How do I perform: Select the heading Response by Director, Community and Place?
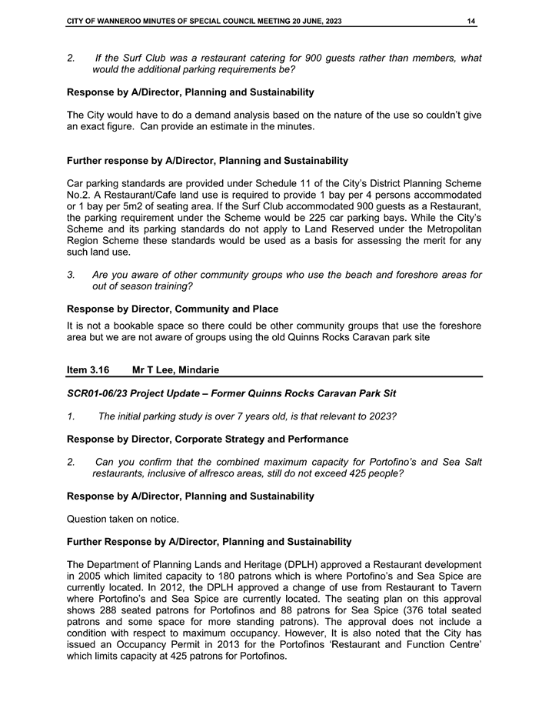(x=173, y=309)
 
